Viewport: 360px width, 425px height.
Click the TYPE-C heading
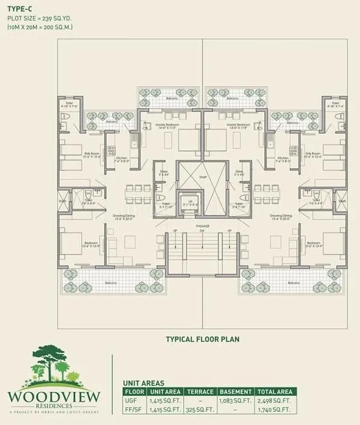pos(20,8)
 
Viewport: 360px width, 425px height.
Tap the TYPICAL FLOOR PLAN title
pos(202,339)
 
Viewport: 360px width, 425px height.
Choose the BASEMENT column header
pos(236,391)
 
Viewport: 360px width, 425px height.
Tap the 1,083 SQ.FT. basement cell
pos(236,400)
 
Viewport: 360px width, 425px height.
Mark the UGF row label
pos(131,400)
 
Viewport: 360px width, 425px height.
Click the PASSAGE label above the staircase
pos(202,226)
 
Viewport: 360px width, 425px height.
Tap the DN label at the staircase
pos(202,231)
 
